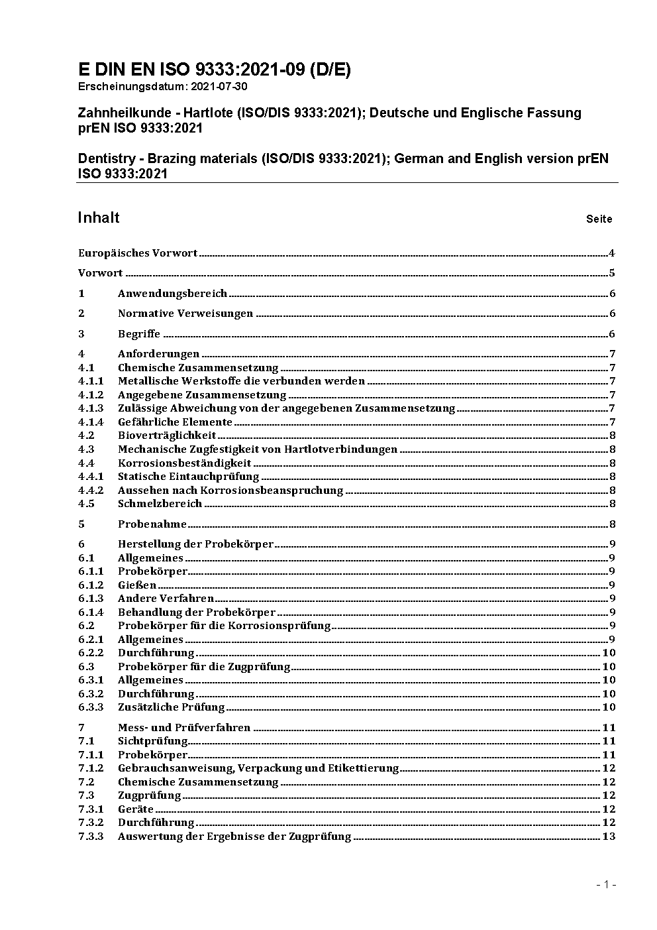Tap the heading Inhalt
(x=99, y=218)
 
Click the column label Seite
(x=599, y=219)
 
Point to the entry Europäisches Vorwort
(x=138, y=253)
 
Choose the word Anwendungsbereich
(x=172, y=294)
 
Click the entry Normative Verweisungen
(x=185, y=314)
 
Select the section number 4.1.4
(x=91, y=422)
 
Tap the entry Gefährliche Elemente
(x=175, y=422)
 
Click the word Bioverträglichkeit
(x=167, y=436)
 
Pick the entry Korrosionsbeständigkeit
(x=184, y=463)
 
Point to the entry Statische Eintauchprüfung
(x=188, y=477)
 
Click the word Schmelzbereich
(x=160, y=504)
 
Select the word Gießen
(x=137, y=585)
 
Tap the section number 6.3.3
(x=91, y=707)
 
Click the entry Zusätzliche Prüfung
(x=171, y=707)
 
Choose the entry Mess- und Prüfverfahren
(x=184, y=728)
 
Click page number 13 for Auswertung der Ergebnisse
(x=609, y=837)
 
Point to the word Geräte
(x=136, y=809)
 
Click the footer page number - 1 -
(x=606, y=884)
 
